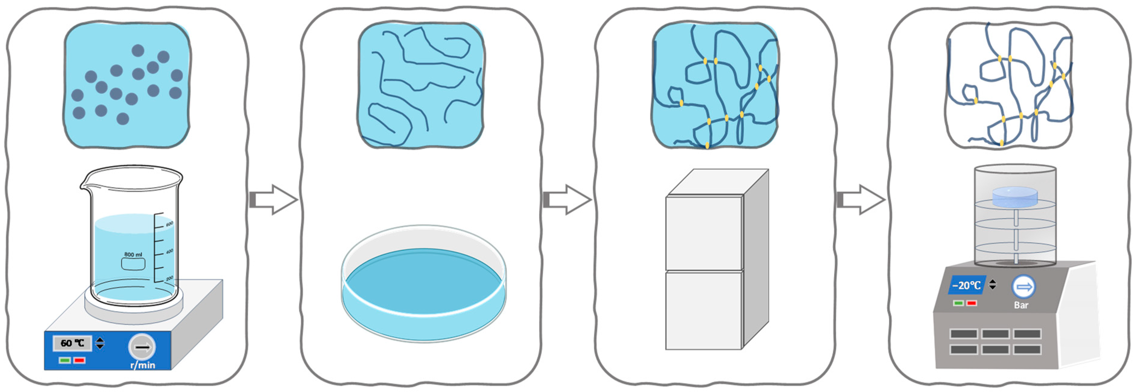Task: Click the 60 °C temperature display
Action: point(73,343)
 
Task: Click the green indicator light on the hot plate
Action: point(65,360)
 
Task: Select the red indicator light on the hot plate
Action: point(80,360)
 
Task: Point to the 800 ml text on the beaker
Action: point(133,254)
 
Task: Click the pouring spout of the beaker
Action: point(85,181)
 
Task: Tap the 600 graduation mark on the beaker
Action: point(169,224)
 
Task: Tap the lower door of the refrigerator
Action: point(704,311)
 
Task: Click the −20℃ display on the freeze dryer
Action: point(966,285)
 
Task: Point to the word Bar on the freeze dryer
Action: point(1021,305)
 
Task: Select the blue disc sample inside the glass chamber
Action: point(1015,197)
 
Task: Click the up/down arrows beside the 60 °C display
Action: point(100,343)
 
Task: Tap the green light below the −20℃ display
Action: point(958,303)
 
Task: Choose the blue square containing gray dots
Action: point(127,85)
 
